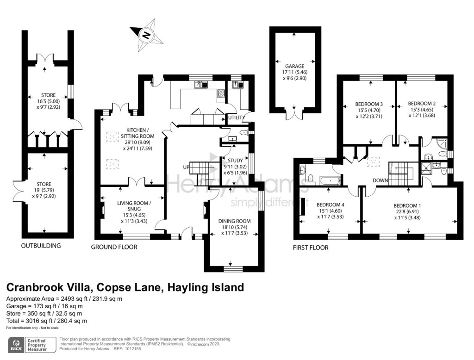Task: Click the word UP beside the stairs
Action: pos(186,167)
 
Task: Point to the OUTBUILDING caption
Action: pos(41,246)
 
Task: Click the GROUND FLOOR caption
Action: pos(114,247)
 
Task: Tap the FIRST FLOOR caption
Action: pos(310,248)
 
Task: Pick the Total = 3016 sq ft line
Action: pos(47,321)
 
